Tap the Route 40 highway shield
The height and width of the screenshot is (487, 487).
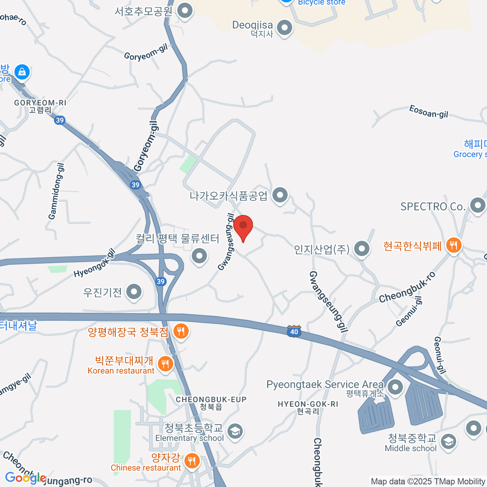(294, 331)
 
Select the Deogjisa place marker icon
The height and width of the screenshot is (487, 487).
(284, 28)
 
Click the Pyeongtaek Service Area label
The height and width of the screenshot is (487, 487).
(325, 384)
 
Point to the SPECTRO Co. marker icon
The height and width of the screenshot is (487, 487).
(477, 205)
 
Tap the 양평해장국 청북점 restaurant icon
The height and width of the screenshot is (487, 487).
(181, 332)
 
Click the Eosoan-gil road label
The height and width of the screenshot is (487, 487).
(429, 112)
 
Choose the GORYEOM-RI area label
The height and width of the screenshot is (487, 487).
(40, 103)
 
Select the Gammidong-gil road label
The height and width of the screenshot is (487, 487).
(56, 191)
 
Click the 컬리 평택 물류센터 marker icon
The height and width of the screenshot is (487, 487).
(199, 256)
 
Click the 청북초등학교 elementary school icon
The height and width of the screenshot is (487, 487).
(235, 431)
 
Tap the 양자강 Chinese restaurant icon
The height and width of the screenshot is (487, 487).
(191, 461)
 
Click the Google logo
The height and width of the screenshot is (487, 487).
(25, 478)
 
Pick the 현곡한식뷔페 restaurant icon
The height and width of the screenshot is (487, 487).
(453, 245)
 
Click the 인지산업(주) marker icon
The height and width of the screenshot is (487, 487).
(361, 248)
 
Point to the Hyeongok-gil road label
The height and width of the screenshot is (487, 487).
(95, 263)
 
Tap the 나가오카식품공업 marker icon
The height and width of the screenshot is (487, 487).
(280, 195)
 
